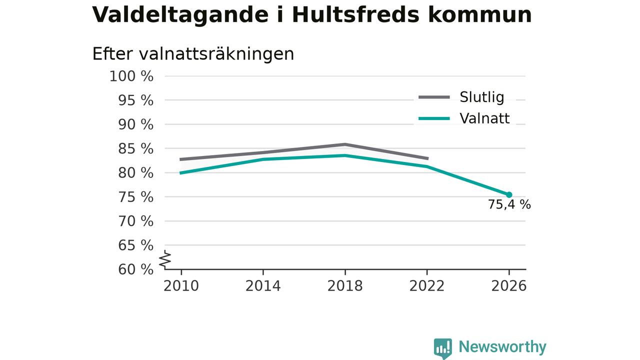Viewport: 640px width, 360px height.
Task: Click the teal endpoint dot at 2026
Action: click(509, 195)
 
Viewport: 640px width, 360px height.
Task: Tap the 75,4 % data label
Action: click(509, 204)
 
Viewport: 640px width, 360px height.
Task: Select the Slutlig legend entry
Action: click(461, 97)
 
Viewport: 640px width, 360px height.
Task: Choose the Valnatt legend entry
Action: click(464, 118)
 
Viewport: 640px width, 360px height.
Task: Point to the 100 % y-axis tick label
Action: click(131, 76)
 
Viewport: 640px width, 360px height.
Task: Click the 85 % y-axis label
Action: click(135, 149)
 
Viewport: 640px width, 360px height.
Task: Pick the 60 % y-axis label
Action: click(135, 269)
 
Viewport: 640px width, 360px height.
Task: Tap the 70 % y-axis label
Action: click(135, 221)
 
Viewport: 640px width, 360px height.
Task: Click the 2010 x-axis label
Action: click(181, 286)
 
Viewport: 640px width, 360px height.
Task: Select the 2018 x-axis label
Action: click(345, 286)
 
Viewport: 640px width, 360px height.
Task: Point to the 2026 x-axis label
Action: click(508, 286)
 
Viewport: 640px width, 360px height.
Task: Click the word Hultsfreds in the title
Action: click(355, 14)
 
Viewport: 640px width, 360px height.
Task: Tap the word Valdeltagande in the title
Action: click(180, 15)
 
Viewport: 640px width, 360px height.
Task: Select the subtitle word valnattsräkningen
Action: click(216, 54)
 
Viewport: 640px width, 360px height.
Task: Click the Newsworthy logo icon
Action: click(443, 348)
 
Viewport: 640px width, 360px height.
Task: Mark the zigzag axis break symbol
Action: click(165, 259)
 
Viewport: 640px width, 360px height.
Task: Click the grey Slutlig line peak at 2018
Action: click(345, 144)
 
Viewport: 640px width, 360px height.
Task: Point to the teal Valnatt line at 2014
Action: click(263, 159)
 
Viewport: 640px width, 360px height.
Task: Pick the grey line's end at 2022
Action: click(427, 158)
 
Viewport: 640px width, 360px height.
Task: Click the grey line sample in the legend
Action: click(434, 97)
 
